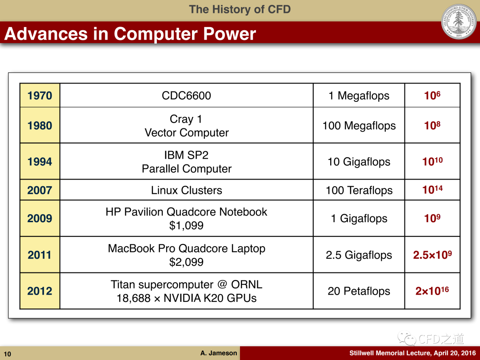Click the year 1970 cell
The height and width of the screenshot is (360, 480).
point(40,95)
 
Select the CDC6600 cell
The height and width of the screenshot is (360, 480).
point(186,95)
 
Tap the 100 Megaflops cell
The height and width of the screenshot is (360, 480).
point(359,125)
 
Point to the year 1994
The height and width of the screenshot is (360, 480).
point(40,162)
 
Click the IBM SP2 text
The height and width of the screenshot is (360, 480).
point(186,155)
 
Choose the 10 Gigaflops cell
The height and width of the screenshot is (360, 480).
point(359,161)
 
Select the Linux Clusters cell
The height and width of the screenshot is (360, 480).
point(186,190)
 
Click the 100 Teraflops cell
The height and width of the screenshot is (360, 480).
point(359,190)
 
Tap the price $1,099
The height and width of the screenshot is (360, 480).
point(186,225)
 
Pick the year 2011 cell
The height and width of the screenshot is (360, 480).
point(40,255)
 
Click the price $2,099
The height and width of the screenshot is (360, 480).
point(186,262)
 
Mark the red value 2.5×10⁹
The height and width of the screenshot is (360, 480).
point(432,254)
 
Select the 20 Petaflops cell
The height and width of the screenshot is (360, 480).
point(359,291)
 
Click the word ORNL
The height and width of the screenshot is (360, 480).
point(247,284)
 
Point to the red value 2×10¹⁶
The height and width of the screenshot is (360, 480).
point(432,291)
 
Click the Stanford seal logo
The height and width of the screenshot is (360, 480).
point(459,21)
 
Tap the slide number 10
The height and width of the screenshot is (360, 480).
point(8,354)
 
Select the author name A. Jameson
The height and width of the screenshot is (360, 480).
point(219,353)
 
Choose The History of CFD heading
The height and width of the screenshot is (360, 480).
point(240,9)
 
